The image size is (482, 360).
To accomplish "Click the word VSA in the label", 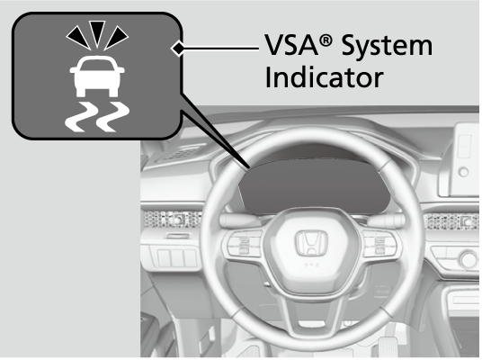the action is pyautogui.click(x=290, y=45).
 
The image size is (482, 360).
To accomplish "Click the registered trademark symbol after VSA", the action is pyautogui.click(x=326, y=40).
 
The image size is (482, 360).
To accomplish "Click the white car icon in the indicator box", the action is pyautogui.click(x=97, y=76).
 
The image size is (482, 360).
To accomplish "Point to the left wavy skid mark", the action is pyautogui.click(x=79, y=117).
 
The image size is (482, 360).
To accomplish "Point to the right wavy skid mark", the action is pyautogui.click(x=112, y=117).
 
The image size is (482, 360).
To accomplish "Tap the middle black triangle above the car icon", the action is pyautogui.click(x=97, y=33).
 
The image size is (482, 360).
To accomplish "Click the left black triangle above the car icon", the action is pyautogui.click(x=79, y=37).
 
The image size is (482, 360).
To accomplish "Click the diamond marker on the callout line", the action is pyautogui.click(x=178, y=49).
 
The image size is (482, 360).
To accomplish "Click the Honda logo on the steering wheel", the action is pyautogui.click(x=311, y=243).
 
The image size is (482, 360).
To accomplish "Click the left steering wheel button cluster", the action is pyautogui.click(x=244, y=243).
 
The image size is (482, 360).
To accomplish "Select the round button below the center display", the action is pyautogui.click(x=463, y=172).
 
